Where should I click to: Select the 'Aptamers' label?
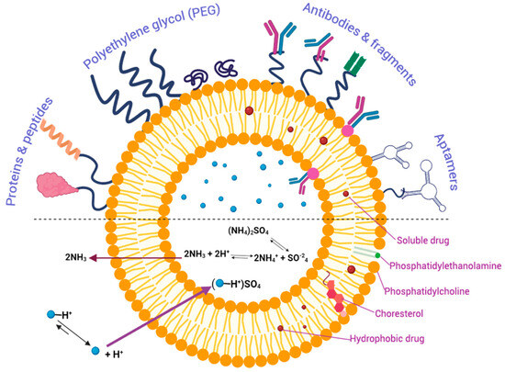pos(446,162)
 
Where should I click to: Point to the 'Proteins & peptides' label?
pos(29,152)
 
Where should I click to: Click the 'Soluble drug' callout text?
pos(422,241)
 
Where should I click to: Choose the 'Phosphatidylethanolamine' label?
pos(445,265)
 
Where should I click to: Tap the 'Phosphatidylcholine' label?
pos(427,291)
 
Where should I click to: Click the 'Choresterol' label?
pos(398,313)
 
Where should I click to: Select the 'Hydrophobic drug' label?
pos(387,339)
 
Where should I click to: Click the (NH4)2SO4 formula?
pos(248,231)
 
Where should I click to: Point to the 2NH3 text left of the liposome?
pos(76,258)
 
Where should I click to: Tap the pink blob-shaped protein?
pos(57,185)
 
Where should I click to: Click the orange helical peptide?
pos(61,140)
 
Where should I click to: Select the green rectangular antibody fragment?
pos(355,63)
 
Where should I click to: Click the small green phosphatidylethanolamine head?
pos(377,255)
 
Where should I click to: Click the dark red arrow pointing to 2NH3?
pos(135,258)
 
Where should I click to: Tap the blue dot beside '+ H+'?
pos(95,351)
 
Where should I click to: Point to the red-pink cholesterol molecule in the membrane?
pos(337,297)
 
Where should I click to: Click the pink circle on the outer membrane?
pos(347,130)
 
